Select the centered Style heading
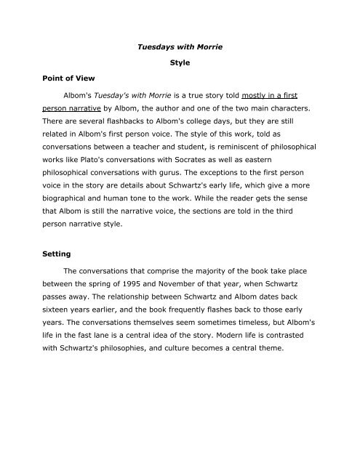click(180, 63)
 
